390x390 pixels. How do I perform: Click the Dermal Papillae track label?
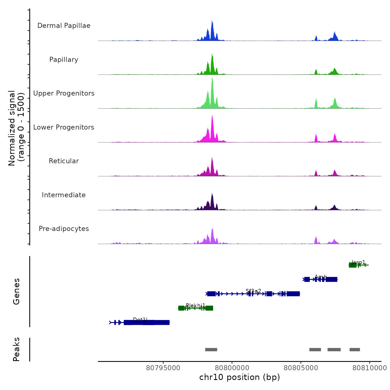pyautogui.click(x=64, y=26)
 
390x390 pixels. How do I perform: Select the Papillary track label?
pyautogui.click(x=64, y=60)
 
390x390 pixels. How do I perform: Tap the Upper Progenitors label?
pyautogui.click(x=64, y=93)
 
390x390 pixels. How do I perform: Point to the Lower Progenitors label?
pyautogui.click(x=64, y=127)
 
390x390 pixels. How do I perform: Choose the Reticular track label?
pyautogui.click(x=64, y=161)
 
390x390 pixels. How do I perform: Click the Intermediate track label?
pyautogui.click(x=64, y=195)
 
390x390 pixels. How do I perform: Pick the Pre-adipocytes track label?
pyautogui.click(x=64, y=229)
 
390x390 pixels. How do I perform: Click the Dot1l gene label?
pyautogui.click(x=140, y=320)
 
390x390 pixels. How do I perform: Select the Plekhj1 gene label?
pyautogui.click(x=196, y=305)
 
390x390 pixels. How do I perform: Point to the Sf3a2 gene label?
pyautogui.click(x=253, y=291)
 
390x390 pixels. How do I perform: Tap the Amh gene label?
pyautogui.click(x=321, y=277)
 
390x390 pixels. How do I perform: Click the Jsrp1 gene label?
pyautogui.click(x=359, y=262)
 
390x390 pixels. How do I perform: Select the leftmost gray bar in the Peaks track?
pyautogui.click(x=211, y=350)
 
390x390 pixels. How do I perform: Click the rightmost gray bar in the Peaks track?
pyautogui.click(x=355, y=350)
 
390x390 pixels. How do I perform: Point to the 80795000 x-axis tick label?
pyautogui.click(x=163, y=368)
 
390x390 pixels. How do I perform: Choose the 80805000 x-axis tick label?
pyautogui.click(x=301, y=368)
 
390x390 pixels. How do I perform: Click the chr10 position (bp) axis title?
pyautogui.click(x=240, y=377)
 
